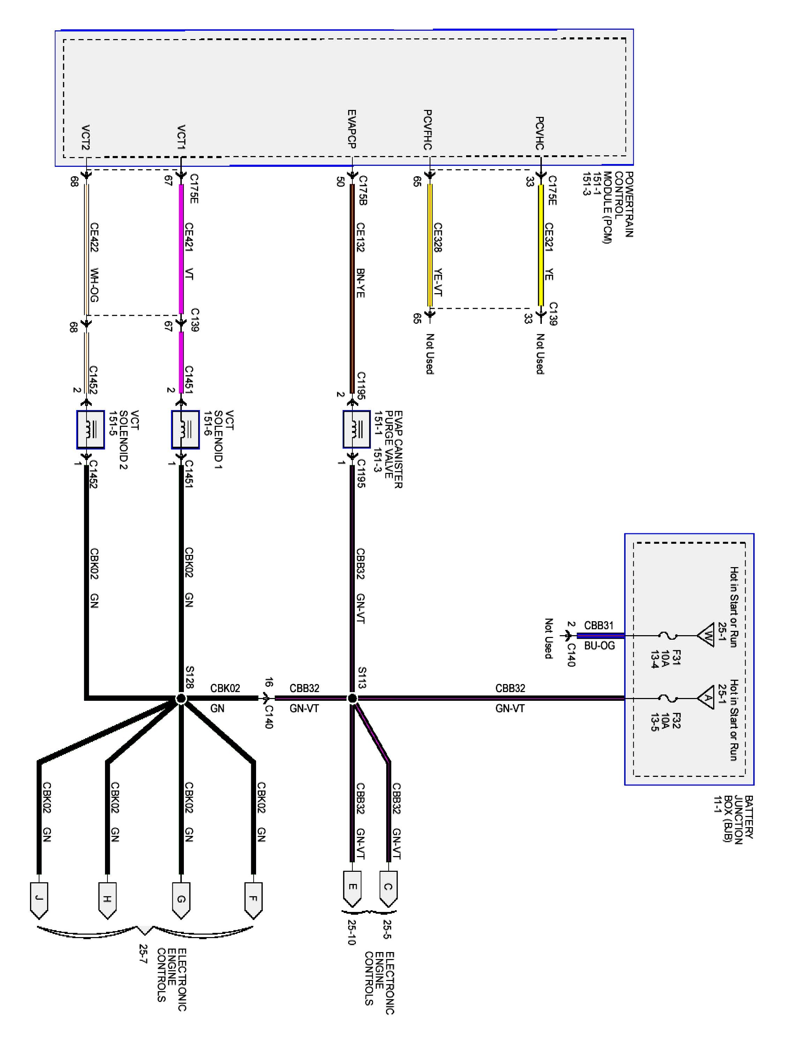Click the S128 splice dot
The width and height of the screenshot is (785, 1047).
point(181,698)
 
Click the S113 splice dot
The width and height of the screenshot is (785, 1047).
point(352,698)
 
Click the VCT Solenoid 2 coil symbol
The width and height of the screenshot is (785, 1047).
point(90,429)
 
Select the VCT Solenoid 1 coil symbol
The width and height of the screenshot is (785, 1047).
point(185,429)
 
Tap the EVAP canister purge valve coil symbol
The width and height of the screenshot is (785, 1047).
point(356,429)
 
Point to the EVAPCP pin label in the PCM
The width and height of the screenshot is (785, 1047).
point(352,129)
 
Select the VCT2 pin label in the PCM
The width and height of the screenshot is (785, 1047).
point(85,137)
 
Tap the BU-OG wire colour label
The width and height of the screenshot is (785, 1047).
point(599,646)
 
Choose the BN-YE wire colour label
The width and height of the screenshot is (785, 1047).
point(360,283)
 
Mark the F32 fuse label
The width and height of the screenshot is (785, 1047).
point(676,721)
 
